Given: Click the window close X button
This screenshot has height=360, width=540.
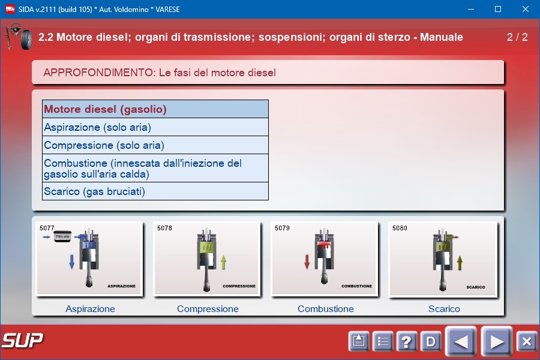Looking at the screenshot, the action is (525, 9).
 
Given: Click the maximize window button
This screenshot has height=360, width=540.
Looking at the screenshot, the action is (498, 9).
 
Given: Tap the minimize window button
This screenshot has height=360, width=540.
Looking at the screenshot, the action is (471, 9).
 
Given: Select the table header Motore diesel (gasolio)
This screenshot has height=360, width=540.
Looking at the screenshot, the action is (155, 109).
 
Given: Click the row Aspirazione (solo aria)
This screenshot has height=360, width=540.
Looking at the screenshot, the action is (155, 127).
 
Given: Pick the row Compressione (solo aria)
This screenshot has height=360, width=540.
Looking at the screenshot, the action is (155, 145).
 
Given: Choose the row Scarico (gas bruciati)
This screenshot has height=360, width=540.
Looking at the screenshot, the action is (155, 191).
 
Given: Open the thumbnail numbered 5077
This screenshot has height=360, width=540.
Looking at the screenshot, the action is (89, 259).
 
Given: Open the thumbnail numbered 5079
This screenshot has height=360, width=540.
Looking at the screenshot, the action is (325, 259).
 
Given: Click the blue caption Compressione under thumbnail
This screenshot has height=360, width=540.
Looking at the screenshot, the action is (208, 308).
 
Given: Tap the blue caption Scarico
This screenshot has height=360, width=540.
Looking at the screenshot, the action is (444, 308).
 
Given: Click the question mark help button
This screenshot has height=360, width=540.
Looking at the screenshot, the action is (406, 341).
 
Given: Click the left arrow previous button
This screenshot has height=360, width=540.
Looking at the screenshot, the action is (461, 341).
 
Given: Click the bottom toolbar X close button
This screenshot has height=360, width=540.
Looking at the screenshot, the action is (527, 341).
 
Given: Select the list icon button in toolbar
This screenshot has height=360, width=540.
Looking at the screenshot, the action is (383, 341).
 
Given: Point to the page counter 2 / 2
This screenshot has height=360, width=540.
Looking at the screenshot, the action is (517, 37).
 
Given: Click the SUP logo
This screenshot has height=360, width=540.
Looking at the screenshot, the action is (23, 340).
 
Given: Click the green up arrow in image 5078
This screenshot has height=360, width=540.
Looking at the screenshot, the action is (223, 262).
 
